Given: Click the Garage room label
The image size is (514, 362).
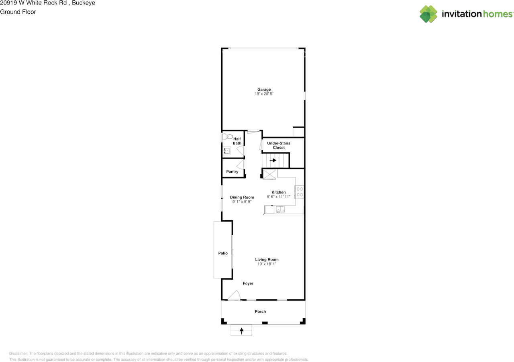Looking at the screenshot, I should click(264, 89).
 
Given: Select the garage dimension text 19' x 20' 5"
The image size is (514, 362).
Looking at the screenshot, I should click(264, 94).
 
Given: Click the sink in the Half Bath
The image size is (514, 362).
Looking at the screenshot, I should click(227, 151).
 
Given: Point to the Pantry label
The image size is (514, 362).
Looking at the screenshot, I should click(232, 172).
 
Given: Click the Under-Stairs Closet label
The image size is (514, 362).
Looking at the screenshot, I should click(279, 145).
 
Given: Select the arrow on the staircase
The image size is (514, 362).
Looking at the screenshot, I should click(273, 160).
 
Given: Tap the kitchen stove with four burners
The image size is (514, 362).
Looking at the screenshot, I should click(300, 192).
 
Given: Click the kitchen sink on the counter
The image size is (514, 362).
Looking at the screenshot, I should click(280, 209).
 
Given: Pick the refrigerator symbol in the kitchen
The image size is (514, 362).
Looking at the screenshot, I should click(269, 174).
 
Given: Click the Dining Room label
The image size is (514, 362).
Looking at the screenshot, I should click(242, 197).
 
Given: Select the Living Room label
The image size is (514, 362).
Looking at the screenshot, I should click(267, 260).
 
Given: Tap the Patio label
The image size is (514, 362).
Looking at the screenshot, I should click(223, 253).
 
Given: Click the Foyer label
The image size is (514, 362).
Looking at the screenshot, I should click(248, 283).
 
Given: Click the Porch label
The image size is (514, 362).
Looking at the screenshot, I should click(260, 311).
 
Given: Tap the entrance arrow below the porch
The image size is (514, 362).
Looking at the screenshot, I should click(242, 331).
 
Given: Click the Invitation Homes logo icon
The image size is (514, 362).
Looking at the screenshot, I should click(428, 14).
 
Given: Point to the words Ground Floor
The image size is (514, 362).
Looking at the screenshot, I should click(18, 12).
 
